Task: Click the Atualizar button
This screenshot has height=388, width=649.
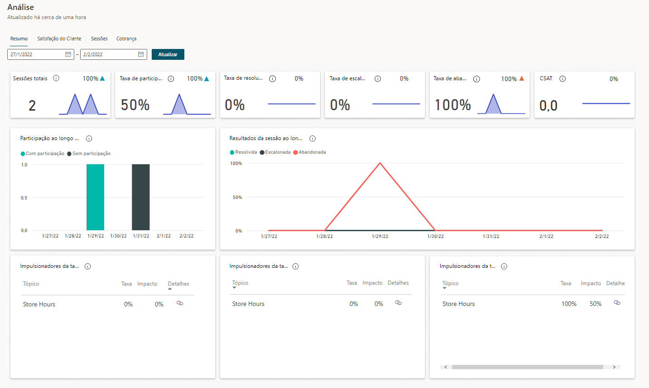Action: click(x=168, y=54)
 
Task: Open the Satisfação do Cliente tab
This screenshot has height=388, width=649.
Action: click(x=59, y=39)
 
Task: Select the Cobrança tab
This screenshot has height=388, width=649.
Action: click(x=126, y=39)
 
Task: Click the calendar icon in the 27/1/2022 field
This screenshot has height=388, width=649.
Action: click(x=68, y=54)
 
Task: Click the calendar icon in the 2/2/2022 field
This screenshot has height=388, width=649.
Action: click(x=141, y=54)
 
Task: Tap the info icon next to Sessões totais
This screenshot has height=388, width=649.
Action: click(x=56, y=78)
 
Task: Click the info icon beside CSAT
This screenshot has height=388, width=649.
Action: click(x=562, y=78)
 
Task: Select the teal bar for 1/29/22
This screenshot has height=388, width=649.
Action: click(x=95, y=197)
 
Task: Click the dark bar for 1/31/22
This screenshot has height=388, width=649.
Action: click(x=141, y=197)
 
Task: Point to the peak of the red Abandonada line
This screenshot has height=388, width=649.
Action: click(x=380, y=163)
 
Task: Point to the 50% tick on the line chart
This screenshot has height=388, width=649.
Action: click(x=237, y=197)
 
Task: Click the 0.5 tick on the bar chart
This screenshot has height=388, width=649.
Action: click(x=24, y=198)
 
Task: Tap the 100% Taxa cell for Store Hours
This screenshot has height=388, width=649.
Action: click(x=569, y=304)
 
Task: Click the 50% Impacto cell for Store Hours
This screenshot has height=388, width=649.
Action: click(x=596, y=304)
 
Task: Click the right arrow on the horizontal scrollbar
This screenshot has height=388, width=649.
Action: click(x=614, y=367)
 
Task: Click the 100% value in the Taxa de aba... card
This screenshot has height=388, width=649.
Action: click(x=453, y=105)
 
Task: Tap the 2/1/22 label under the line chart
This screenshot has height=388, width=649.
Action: click(x=546, y=236)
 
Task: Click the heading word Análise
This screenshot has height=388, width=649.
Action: click(x=21, y=7)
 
